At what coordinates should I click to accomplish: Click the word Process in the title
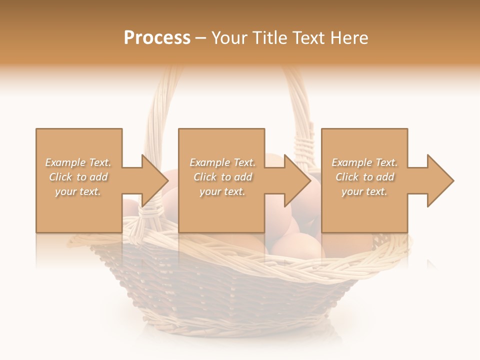pos(157,38)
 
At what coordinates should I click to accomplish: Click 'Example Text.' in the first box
pos(78,162)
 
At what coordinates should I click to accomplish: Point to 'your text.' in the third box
pos(364,191)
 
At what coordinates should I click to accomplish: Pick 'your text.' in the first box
pos(78,191)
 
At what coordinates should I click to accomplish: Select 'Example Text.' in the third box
pos(364,162)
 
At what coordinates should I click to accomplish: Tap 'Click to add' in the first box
pos(78,177)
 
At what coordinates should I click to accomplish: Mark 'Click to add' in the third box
pos(364,177)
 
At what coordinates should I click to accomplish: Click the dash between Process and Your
pos(201,38)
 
